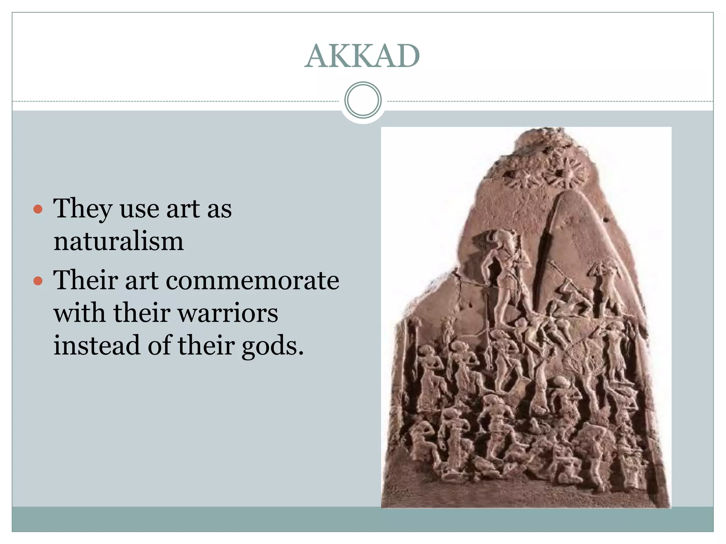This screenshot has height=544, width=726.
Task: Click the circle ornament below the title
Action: pos(363,100)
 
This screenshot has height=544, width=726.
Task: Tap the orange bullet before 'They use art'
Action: pos(38,209)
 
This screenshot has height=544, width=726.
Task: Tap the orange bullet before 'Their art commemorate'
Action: pos(38,281)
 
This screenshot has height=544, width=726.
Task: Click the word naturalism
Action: pos(118,242)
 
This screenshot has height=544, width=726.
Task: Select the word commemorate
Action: pos(252,280)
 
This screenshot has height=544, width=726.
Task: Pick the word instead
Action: pos(96,345)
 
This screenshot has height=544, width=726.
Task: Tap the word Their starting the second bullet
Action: pos(85,280)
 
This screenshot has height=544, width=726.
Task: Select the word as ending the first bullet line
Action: pos(219,210)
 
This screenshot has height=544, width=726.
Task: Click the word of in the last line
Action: pos(159,345)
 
